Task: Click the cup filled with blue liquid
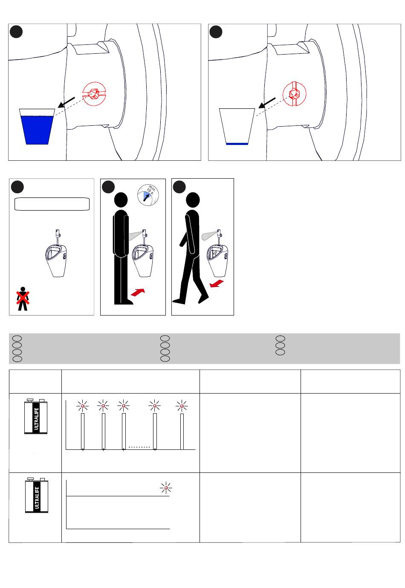click(37, 126)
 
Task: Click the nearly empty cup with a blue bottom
click(237, 126)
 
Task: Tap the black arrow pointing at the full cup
click(67, 102)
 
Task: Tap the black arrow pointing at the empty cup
click(267, 103)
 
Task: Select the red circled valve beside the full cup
click(94, 94)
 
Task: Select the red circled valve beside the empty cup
click(295, 94)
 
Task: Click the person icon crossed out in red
click(23, 298)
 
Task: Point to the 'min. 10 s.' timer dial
click(148, 195)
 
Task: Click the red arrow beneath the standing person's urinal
click(138, 292)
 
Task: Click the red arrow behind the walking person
click(217, 284)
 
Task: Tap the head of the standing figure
click(121, 200)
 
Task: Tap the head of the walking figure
click(193, 199)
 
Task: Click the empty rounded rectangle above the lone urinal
click(52, 204)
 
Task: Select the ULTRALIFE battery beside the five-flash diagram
click(36, 416)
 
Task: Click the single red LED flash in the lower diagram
click(166, 488)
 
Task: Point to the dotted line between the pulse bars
click(139, 447)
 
